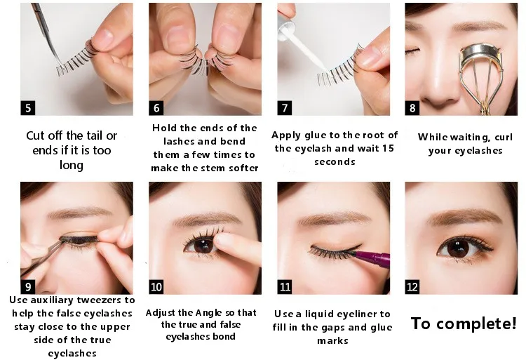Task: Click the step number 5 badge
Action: point(28,108)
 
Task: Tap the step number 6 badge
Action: point(156,108)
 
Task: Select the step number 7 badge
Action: point(285,108)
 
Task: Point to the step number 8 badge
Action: point(413,108)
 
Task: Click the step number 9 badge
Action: point(28,288)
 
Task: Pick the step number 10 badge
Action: point(156,288)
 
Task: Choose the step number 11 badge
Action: point(285,288)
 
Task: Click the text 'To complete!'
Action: point(463,324)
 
